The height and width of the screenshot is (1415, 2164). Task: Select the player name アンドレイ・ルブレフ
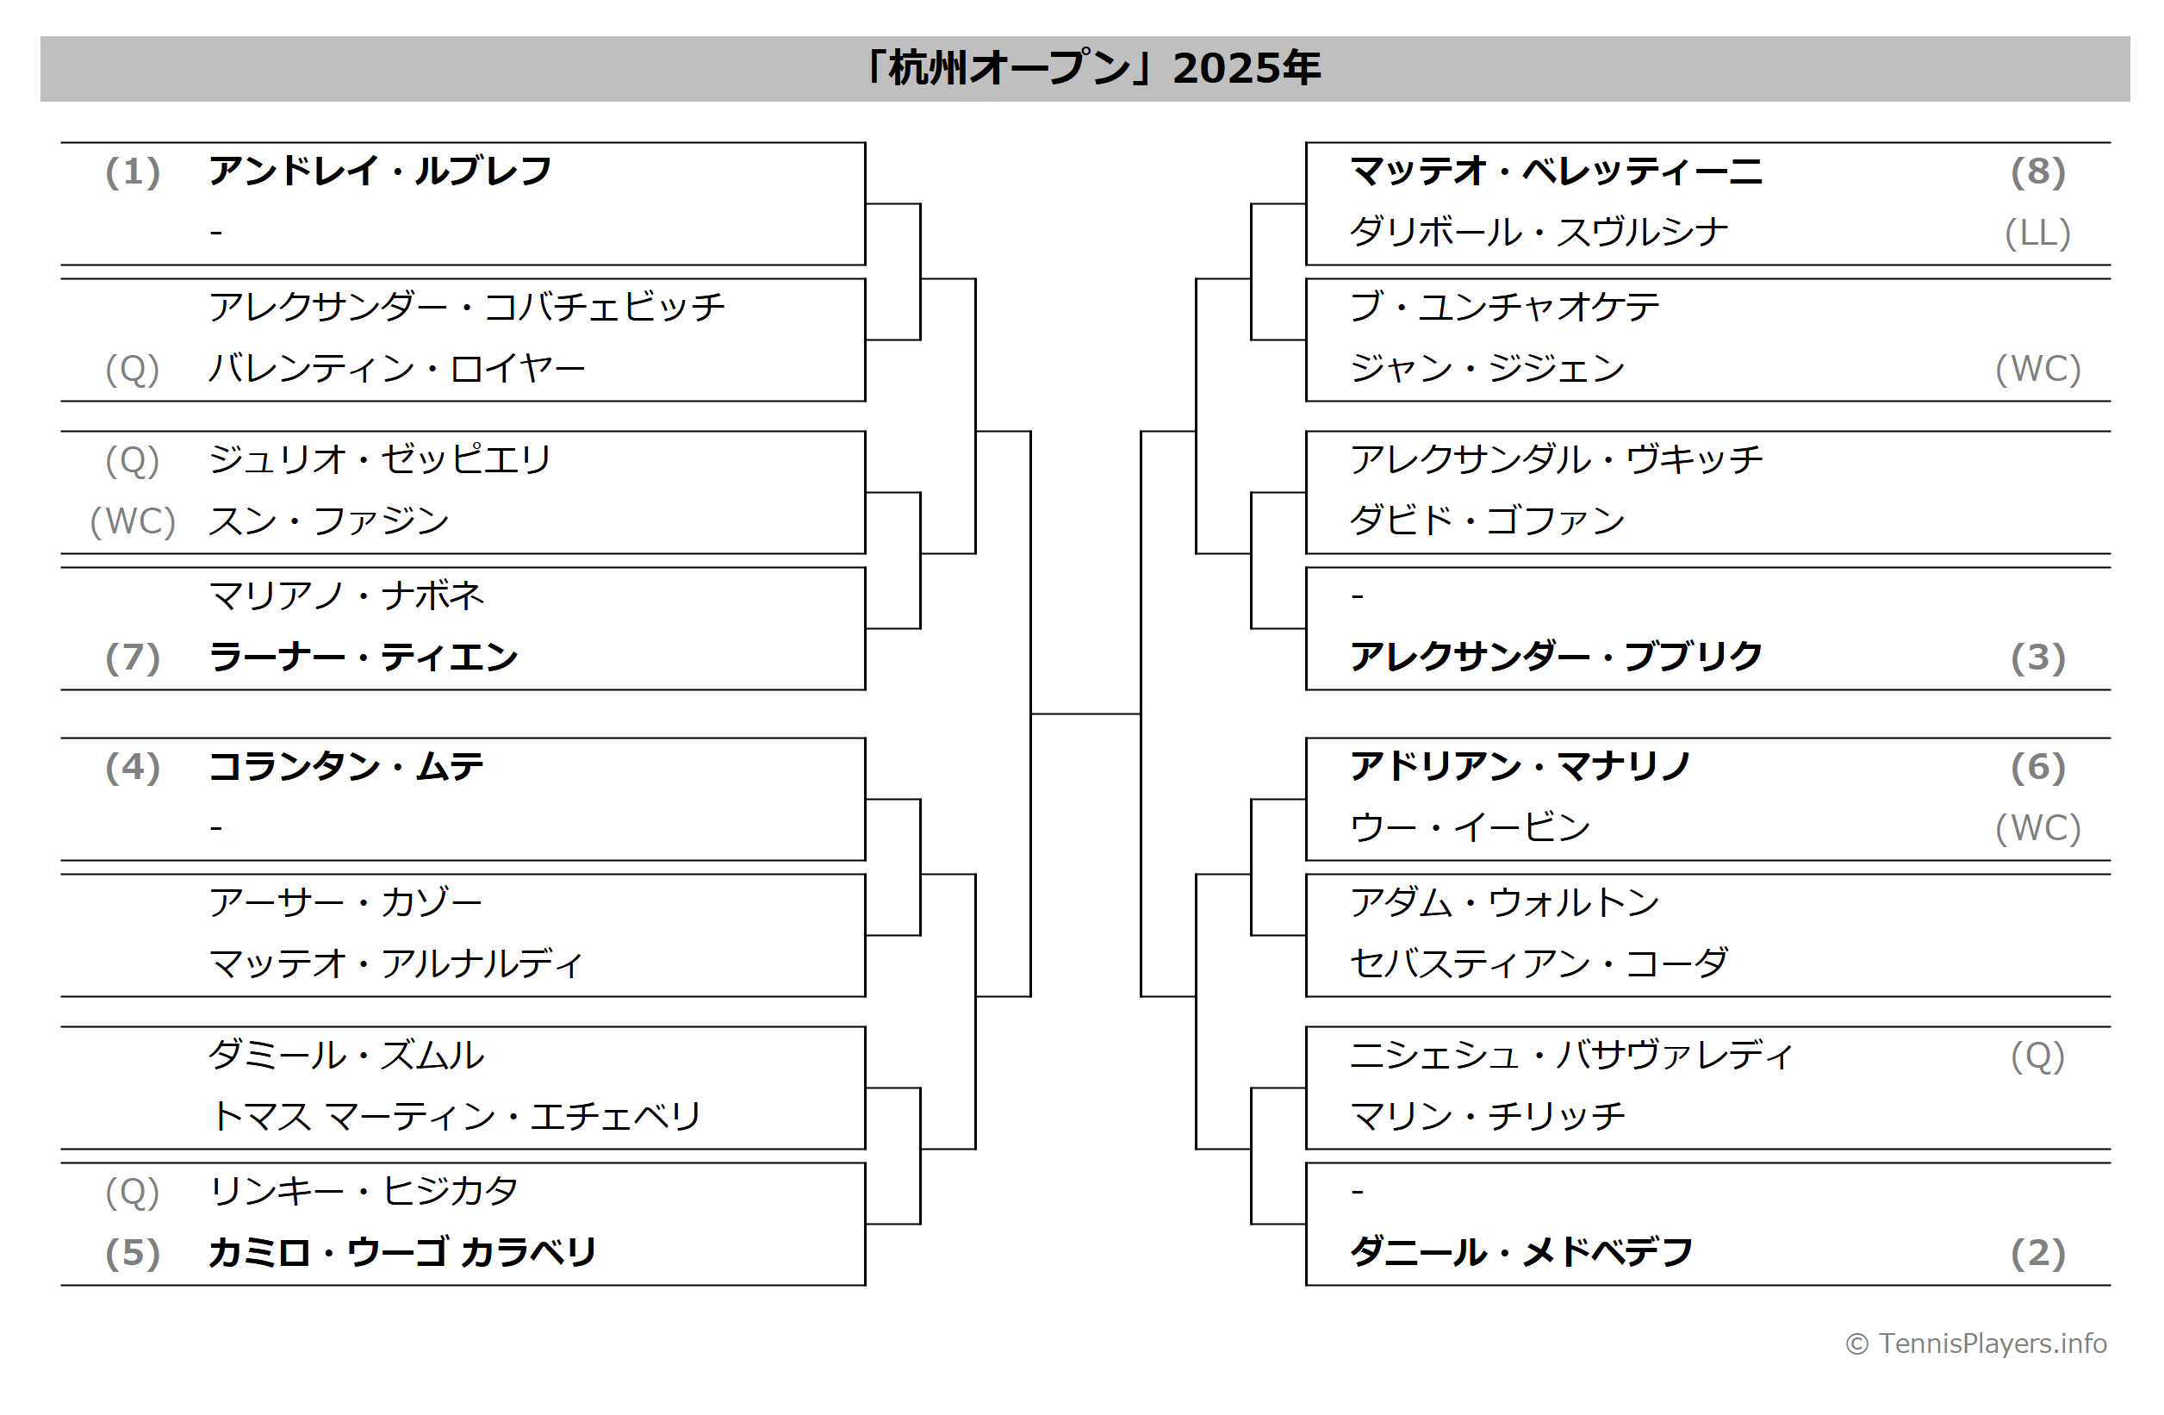pyautogui.click(x=380, y=171)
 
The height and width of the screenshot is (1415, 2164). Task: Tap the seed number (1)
pyautogui.click(x=133, y=171)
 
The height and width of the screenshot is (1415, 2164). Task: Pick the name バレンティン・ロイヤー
pyautogui.click(x=396, y=368)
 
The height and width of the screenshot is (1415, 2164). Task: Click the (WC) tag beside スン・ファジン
pyautogui.click(x=133, y=521)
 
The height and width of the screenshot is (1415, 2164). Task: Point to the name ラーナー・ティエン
pyautogui.click(x=363, y=657)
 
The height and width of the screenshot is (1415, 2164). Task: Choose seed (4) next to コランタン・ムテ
pyautogui.click(x=133, y=767)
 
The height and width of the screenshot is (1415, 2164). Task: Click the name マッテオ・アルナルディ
pyautogui.click(x=395, y=964)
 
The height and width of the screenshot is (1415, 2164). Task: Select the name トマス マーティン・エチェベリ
pyautogui.click(x=456, y=1116)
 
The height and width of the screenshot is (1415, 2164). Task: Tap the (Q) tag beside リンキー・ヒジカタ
pyautogui.click(x=133, y=1191)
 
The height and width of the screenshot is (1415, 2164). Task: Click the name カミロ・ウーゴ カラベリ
pyautogui.click(x=402, y=1252)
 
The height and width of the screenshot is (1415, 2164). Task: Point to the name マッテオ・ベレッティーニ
pyautogui.click(x=1556, y=171)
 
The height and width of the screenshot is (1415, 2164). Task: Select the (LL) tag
pyautogui.click(x=2037, y=233)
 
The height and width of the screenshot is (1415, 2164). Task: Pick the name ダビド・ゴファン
pyautogui.click(x=1487, y=520)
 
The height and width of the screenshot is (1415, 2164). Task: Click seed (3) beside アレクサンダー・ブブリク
pyautogui.click(x=2037, y=658)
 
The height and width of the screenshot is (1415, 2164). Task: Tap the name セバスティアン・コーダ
pyautogui.click(x=1539, y=964)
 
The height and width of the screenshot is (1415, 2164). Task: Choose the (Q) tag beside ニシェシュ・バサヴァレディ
pyautogui.click(x=2037, y=1056)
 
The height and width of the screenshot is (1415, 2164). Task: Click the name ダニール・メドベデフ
pyautogui.click(x=1521, y=1252)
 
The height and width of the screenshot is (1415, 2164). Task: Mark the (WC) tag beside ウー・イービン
pyautogui.click(x=2037, y=827)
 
